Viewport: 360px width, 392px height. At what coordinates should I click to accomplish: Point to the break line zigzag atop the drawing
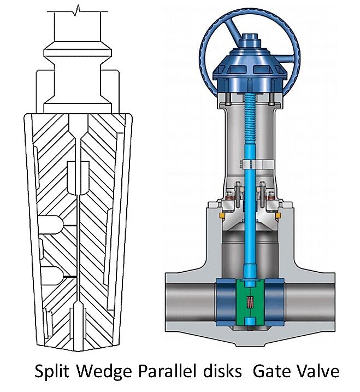pyautogui.click(x=79, y=9)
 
